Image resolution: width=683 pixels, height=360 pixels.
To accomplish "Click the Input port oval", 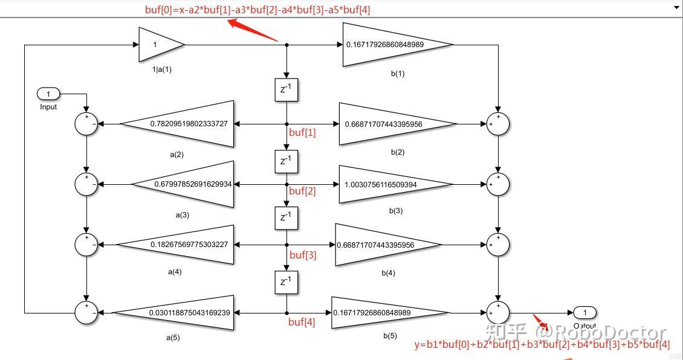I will coord(48,94).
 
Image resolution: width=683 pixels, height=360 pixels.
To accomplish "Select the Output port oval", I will coord(584,312).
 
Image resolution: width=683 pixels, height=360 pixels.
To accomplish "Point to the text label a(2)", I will coord(176,155).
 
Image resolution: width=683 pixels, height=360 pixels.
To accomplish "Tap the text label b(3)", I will coord(396,211).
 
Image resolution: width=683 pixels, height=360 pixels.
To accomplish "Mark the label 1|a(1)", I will coord(161,69).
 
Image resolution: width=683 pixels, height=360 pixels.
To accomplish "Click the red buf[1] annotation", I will coord(302,132).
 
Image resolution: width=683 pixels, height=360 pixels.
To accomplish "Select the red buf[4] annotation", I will coord(302,322).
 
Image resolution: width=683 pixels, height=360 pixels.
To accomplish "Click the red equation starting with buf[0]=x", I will coord(257,10).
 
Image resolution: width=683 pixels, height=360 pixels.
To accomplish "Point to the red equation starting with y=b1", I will coord(542,345).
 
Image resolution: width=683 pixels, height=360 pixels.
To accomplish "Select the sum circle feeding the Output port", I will coord(498,312).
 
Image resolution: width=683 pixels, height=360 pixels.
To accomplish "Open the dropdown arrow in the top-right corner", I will coord(676,8).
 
